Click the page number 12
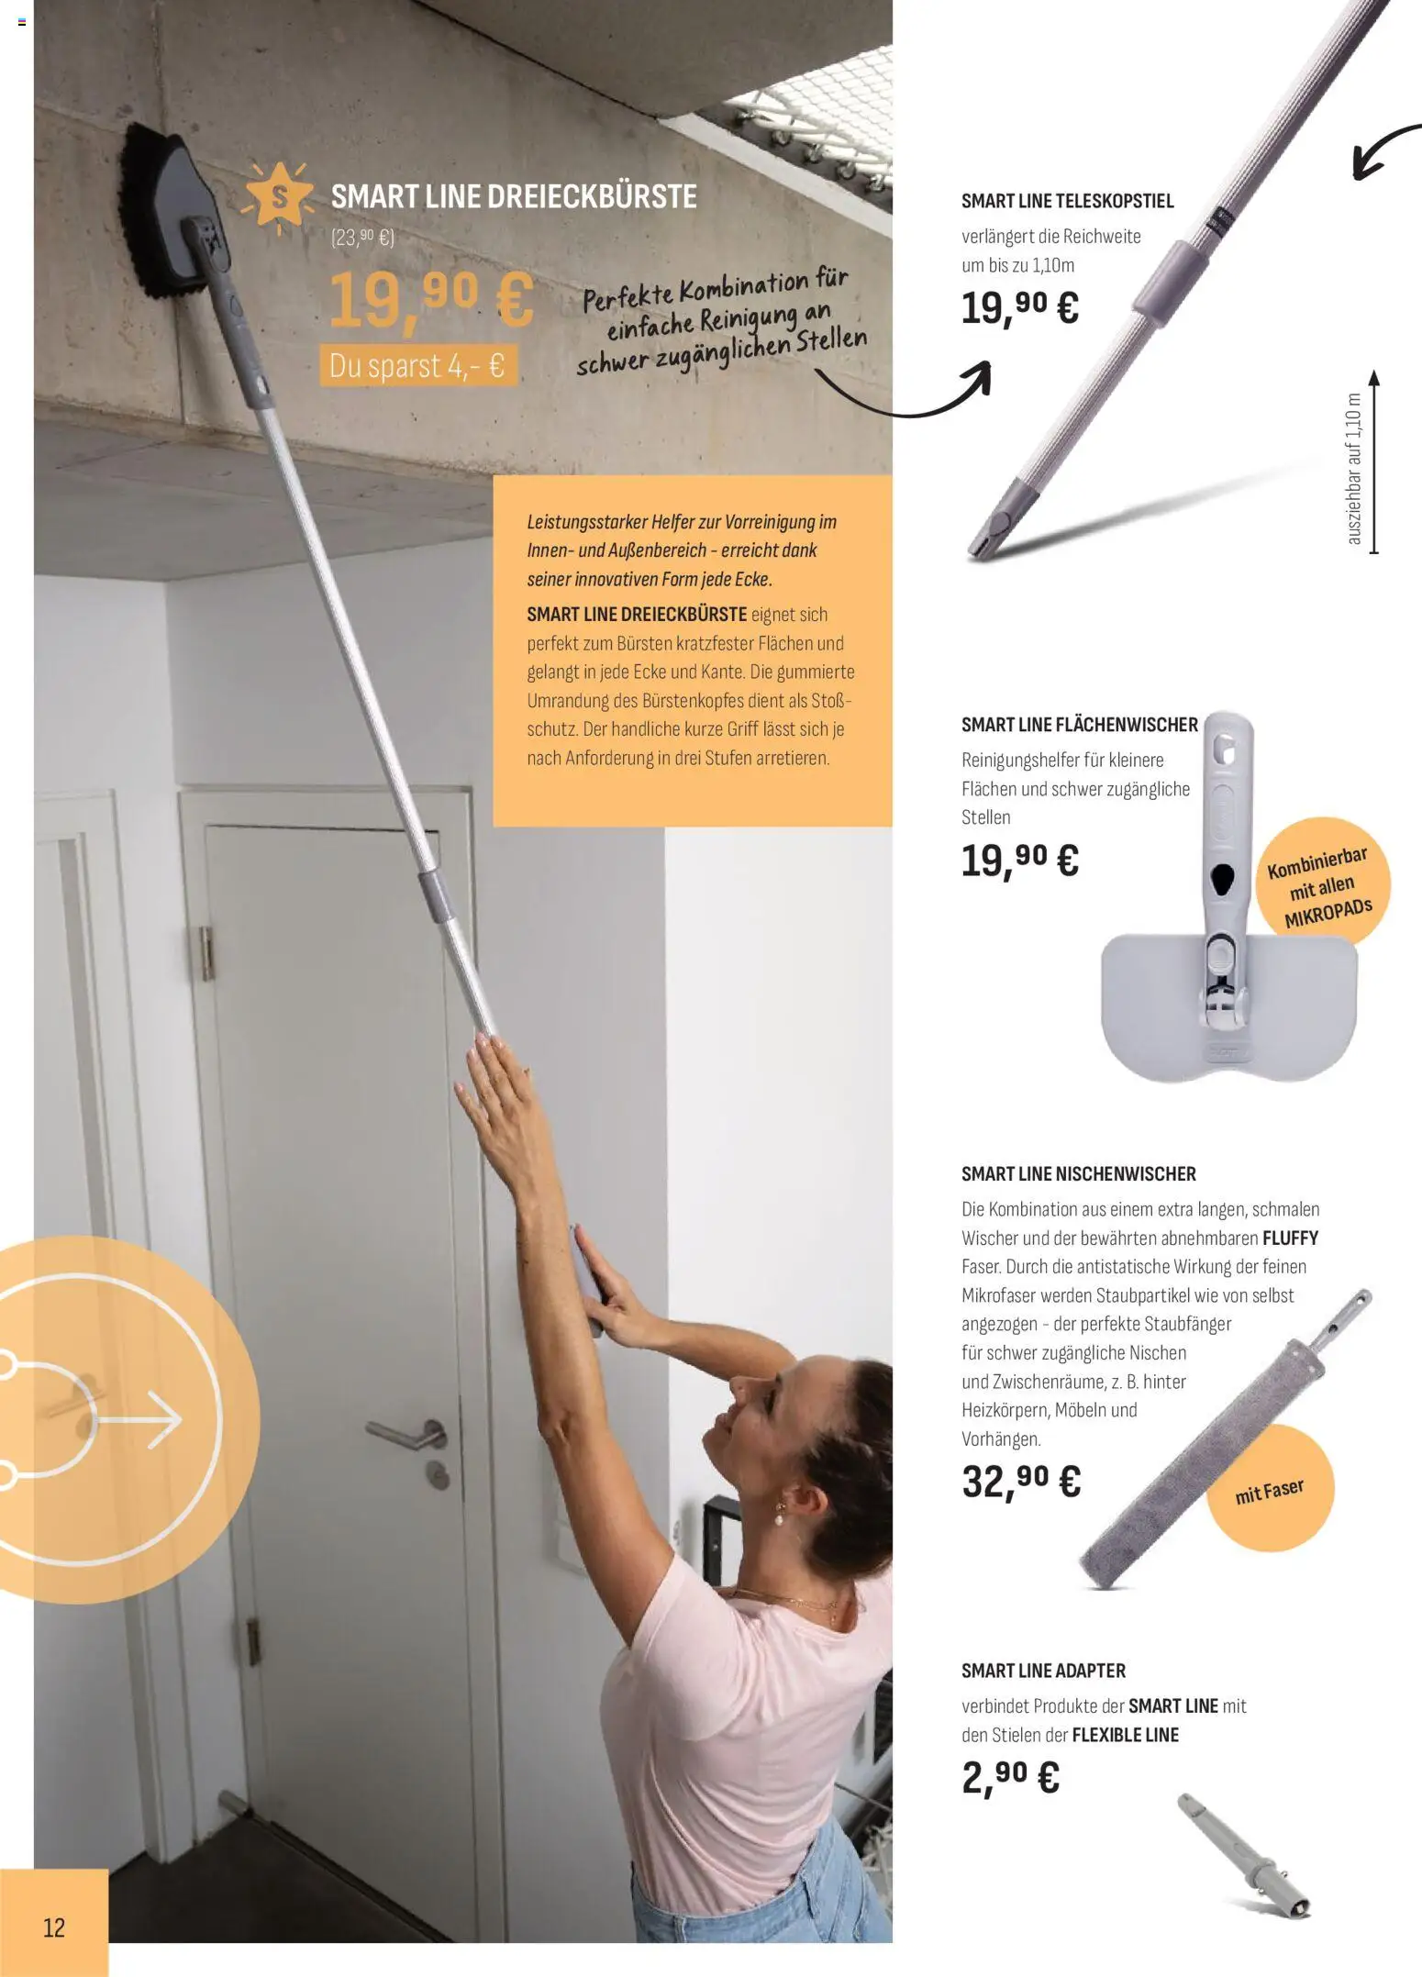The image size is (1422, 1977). point(54,1927)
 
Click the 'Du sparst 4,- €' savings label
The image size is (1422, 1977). point(417,366)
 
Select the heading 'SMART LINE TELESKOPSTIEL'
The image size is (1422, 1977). point(1067,201)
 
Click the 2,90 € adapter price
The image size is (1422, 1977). point(1010,1777)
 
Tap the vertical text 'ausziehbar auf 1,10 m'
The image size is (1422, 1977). point(1354,469)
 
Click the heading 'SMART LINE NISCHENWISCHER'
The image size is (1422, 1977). point(1078,1174)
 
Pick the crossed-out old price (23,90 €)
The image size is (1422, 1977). point(361,238)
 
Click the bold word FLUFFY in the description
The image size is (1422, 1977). point(1290,1238)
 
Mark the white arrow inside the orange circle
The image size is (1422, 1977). point(138,1419)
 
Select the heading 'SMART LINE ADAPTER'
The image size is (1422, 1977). point(1043,1671)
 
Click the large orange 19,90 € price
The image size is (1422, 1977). point(430,300)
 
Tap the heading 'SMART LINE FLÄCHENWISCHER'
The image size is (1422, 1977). point(1079,725)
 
